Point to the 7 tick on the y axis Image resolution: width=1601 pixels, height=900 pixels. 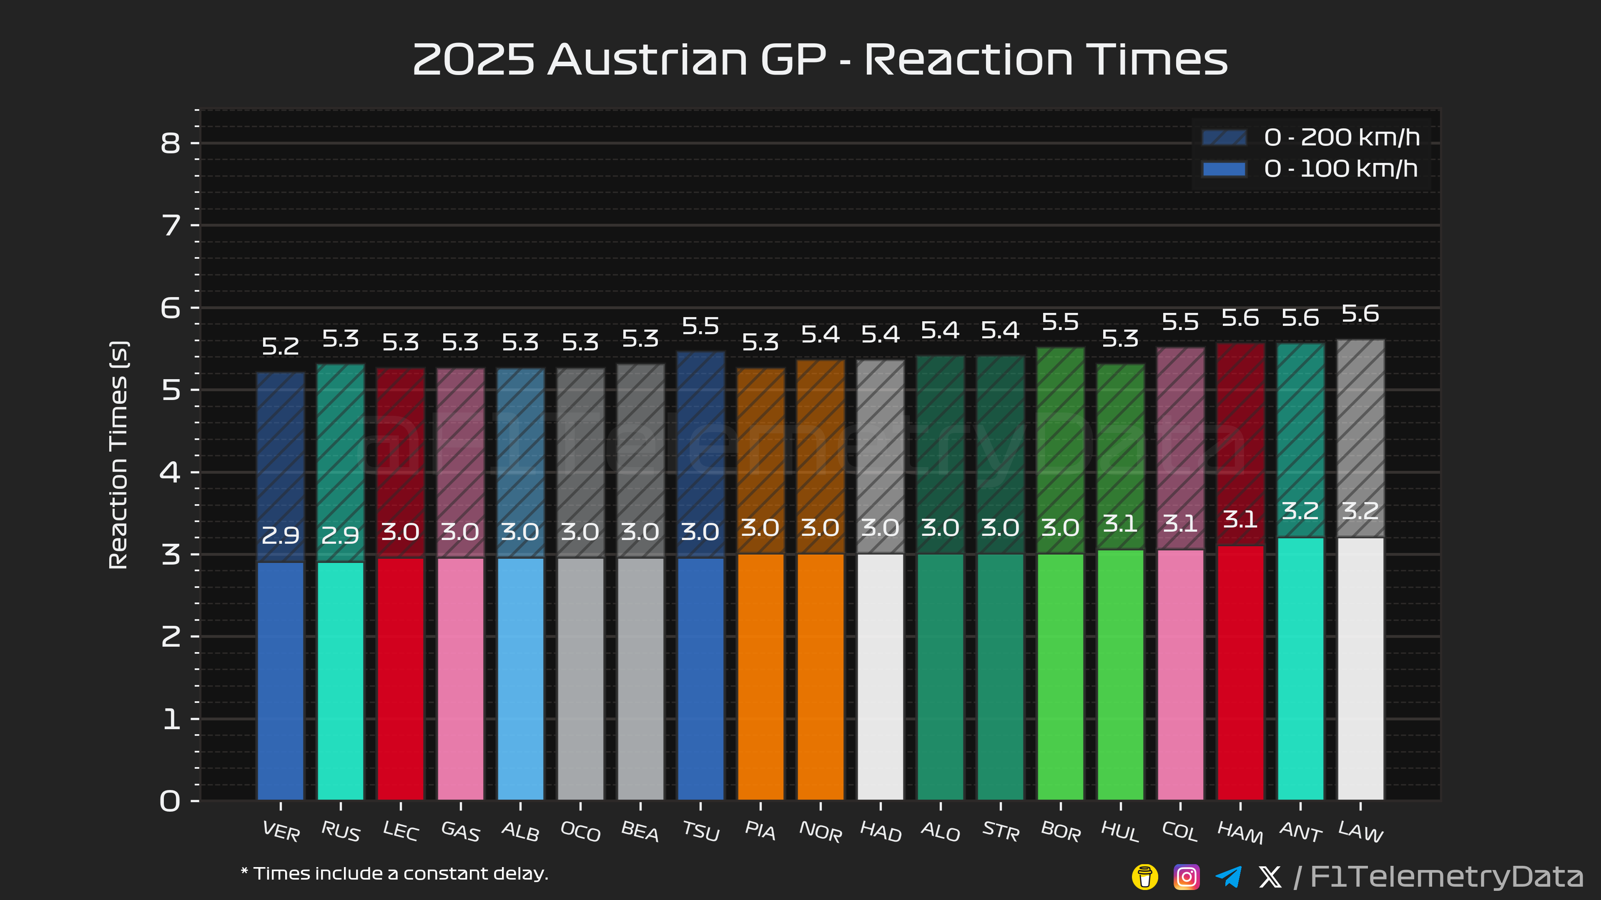(170, 225)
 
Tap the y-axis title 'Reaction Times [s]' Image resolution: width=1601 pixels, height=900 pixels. (118, 455)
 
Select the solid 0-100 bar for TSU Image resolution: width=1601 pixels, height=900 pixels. (700, 678)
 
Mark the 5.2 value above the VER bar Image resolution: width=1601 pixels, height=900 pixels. (280, 346)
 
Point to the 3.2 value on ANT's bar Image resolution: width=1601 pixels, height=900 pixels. (1300, 511)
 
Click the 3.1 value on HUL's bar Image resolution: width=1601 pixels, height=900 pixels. (1120, 524)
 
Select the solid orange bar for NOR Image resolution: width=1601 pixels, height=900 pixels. (821, 677)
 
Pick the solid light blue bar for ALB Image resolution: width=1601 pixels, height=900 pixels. (520, 678)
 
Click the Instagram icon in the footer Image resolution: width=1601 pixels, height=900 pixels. (1186, 876)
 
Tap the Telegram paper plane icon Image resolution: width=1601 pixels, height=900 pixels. (1228, 876)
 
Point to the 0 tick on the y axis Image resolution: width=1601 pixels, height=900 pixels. (170, 800)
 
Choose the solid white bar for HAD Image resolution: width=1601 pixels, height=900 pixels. (880, 677)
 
